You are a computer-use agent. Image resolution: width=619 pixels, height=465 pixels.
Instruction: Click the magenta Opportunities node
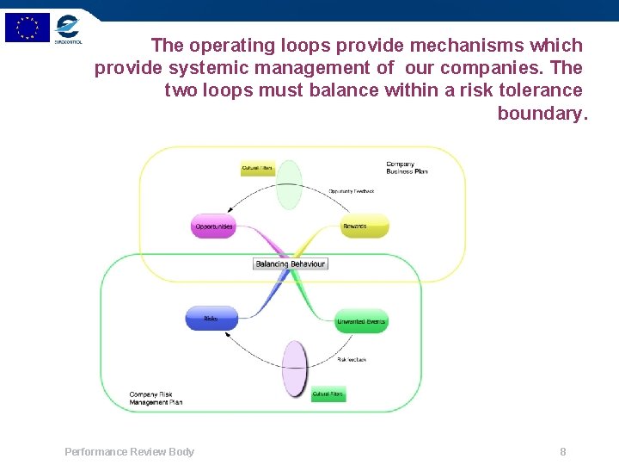coord(213,226)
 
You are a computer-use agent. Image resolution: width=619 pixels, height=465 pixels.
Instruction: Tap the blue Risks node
coord(211,319)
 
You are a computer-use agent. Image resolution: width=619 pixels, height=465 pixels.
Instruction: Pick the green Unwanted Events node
coord(362,321)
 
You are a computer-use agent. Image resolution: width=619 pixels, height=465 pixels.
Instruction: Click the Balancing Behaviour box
coord(291,263)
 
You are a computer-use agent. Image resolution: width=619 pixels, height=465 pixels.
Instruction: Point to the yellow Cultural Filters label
coord(258,168)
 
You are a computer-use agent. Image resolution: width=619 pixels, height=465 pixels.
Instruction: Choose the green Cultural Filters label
coord(328,394)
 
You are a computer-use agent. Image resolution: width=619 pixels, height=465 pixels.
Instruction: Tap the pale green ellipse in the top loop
coord(290,184)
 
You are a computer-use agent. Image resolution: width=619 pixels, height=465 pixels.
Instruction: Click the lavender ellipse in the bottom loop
coord(295,369)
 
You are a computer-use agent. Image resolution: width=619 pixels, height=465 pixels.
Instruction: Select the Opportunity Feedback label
coord(351,191)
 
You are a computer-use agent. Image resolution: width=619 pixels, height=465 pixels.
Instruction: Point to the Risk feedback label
coord(352,359)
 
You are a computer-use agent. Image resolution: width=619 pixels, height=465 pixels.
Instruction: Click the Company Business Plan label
coord(407,167)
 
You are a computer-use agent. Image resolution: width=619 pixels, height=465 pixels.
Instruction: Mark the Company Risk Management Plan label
coord(156,398)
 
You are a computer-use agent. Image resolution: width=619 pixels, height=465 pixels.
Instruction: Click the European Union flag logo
coord(28,28)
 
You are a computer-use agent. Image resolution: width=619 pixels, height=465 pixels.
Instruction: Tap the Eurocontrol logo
coord(67,28)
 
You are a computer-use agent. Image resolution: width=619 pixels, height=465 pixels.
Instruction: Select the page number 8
coord(563,451)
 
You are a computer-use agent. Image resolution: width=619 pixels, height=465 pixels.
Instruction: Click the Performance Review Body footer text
coord(129,451)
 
